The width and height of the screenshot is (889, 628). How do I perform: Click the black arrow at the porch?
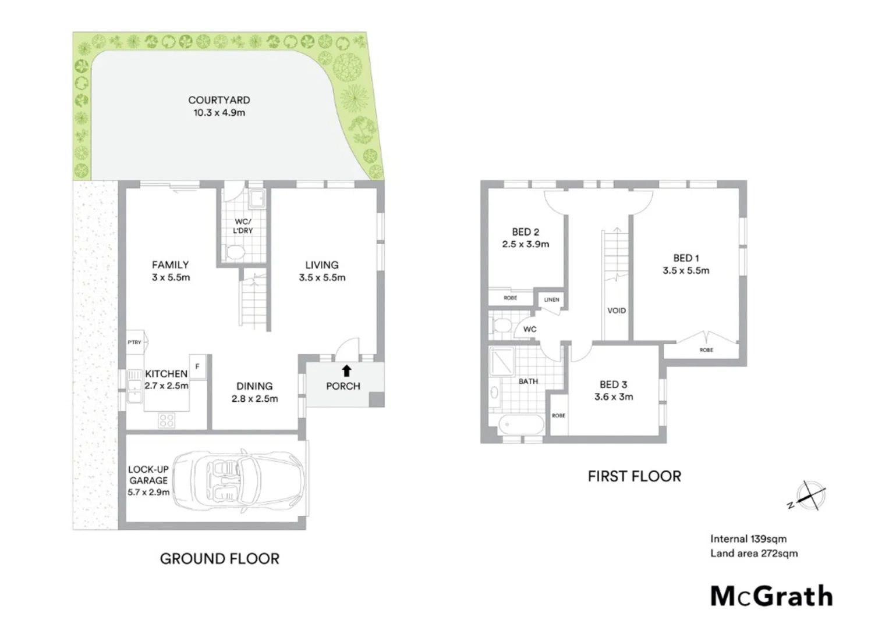click(x=346, y=370)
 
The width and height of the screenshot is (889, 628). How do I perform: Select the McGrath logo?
click(x=771, y=597)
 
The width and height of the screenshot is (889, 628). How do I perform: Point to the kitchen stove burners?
click(x=167, y=420)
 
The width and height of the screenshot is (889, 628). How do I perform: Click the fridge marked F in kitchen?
click(x=197, y=367)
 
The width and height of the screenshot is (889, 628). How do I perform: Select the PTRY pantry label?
click(x=134, y=342)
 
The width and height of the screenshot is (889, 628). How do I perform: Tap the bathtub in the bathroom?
click(x=521, y=424)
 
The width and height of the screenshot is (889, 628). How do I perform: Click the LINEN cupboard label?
click(x=551, y=300)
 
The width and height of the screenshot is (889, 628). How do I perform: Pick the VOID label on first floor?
click(x=617, y=311)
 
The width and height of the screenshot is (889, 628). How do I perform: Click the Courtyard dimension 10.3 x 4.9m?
click(x=219, y=113)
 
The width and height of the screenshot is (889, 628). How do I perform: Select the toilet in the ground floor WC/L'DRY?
click(x=236, y=253)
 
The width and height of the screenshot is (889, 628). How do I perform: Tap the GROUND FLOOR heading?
click(x=219, y=559)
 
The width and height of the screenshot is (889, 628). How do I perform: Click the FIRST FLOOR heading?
click(x=634, y=476)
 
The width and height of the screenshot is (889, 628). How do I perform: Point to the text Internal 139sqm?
click(x=748, y=539)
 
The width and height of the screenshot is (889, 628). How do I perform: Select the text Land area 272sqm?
click(x=754, y=554)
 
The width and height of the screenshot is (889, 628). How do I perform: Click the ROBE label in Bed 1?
click(x=706, y=350)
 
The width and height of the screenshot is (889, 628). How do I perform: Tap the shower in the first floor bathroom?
click(x=502, y=361)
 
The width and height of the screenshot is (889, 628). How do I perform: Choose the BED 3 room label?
click(x=614, y=384)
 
